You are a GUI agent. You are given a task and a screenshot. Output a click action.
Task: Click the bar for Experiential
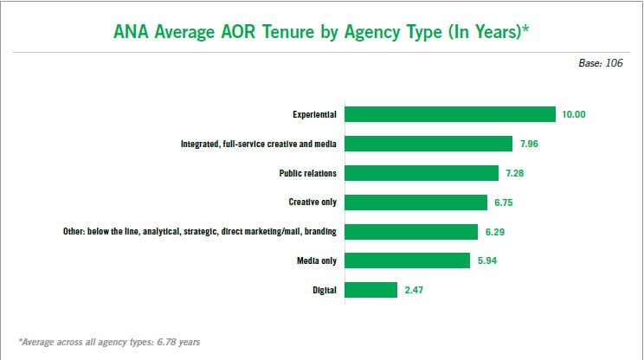tap(450, 114)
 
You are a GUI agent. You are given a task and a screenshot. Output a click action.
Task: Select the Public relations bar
tap(422, 173)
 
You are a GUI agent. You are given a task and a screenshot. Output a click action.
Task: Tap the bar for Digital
tap(371, 290)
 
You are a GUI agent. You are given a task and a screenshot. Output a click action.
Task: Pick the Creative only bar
tap(416, 202)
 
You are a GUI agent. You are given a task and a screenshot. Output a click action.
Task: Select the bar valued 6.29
tap(412, 232)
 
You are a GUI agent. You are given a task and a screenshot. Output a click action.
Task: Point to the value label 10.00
tap(575, 114)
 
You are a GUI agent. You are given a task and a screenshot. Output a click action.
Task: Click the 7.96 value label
tap(530, 144)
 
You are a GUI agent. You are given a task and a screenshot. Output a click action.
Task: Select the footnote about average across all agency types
tap(109, 342)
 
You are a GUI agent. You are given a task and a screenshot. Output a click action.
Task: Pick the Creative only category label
tap(312, 202)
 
